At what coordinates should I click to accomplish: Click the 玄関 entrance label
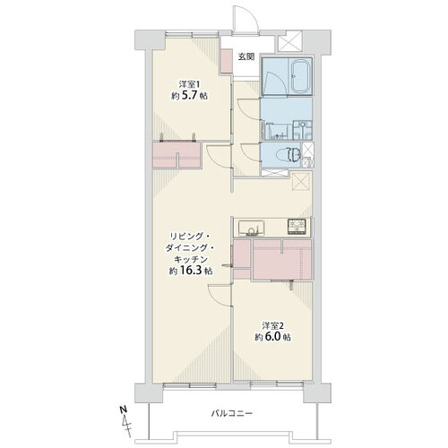point(246,56)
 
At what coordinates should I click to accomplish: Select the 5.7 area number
point(188,96)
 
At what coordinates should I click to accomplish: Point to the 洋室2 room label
point(272,325)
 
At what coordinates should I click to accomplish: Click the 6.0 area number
point(271,337)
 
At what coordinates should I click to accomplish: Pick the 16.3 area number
point(191,271)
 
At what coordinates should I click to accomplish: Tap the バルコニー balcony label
point(232,414)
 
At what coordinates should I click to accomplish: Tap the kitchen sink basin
point(251,228)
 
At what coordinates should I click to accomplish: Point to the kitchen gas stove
point(297,227)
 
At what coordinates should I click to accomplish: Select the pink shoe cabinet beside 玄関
point(226,61)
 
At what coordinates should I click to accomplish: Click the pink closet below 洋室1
point(177,155)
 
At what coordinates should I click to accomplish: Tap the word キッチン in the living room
point(191,259)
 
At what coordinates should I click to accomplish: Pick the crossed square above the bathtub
point(289,42)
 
